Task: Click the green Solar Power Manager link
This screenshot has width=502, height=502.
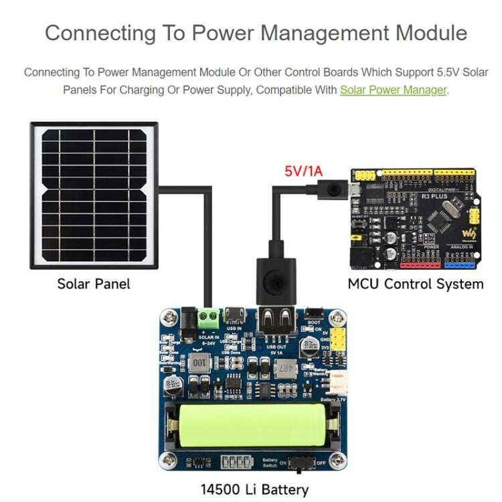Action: (393, 90)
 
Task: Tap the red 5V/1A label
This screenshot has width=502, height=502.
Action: (303, 171)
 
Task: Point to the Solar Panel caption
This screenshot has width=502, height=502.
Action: (94, 284)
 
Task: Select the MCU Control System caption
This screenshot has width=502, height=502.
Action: (415, 284)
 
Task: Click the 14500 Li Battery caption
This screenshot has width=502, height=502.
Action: (255, 489)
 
